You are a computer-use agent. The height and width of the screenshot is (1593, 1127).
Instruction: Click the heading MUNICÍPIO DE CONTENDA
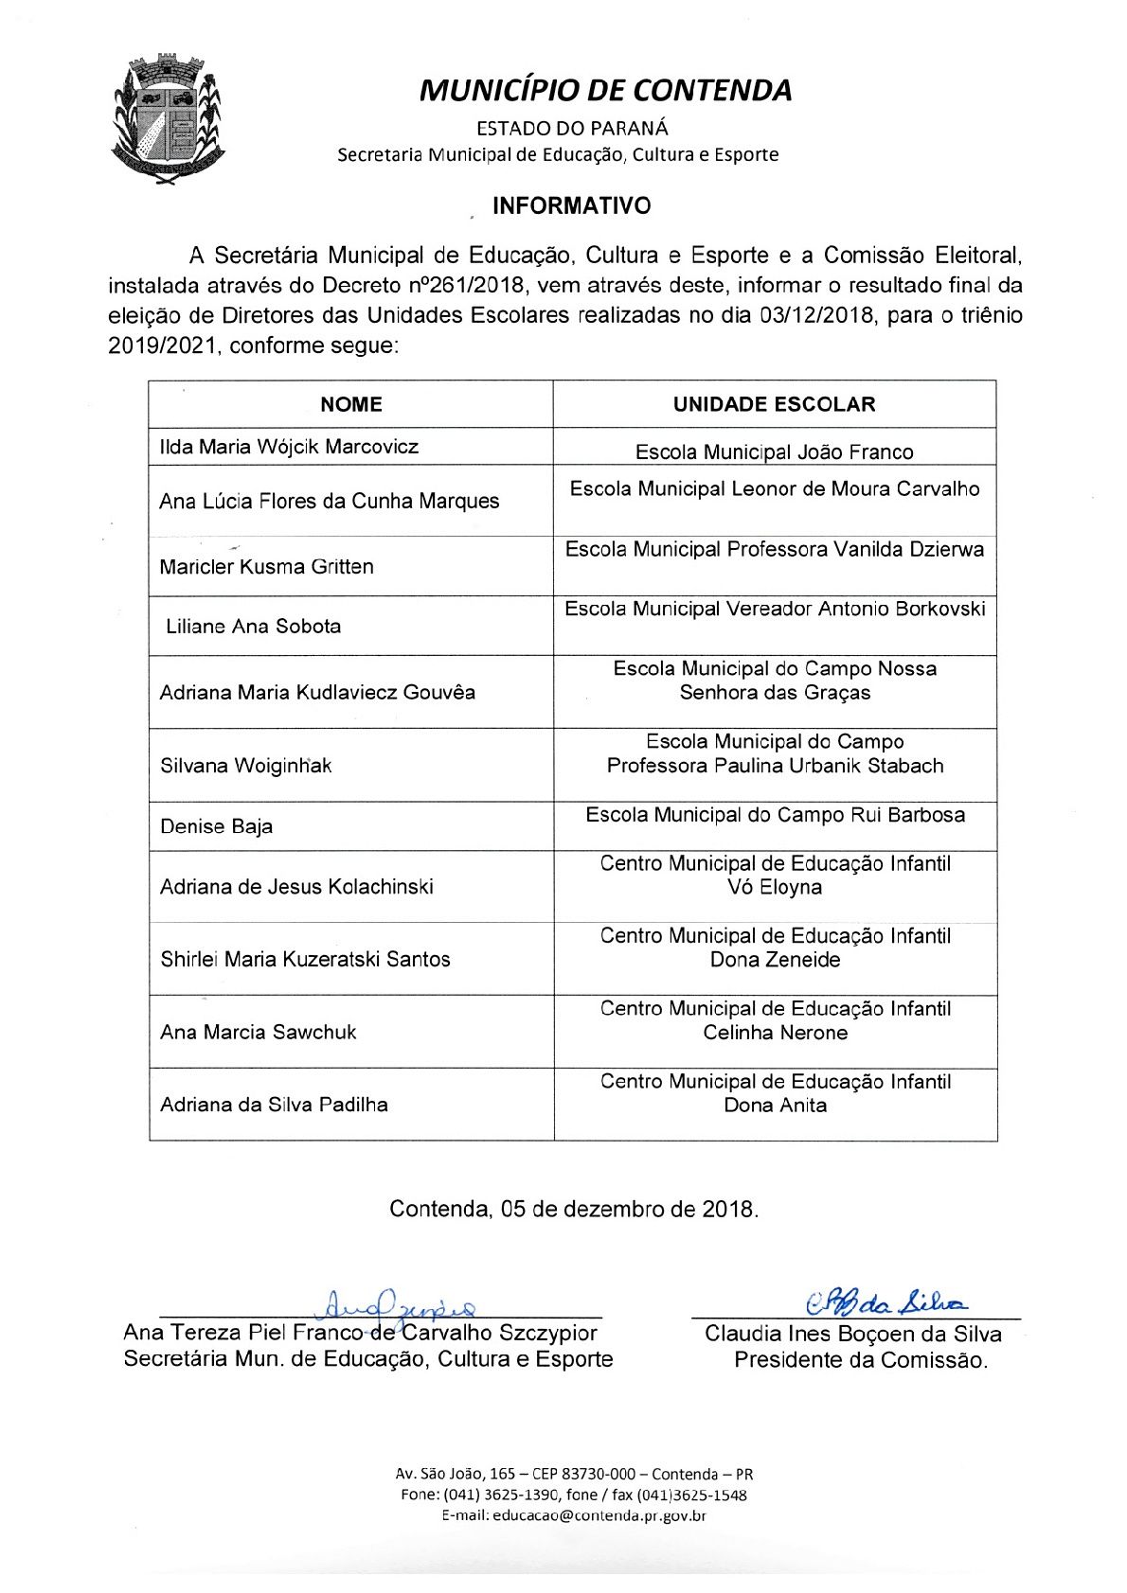(x=605, y=90)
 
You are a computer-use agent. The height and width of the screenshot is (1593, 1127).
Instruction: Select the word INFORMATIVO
(x=571, y=206)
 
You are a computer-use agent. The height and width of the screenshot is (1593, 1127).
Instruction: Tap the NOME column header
(x=350, y=404)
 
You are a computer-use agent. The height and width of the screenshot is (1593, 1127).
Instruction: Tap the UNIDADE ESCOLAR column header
(x=774, y=404)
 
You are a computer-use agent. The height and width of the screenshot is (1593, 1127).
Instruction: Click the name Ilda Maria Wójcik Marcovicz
(x=289, y=447)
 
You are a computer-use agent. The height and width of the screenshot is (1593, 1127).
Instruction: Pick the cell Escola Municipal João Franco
(x=774, y=452)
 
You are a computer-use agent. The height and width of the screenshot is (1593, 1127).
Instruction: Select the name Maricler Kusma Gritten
(x=266, y=567)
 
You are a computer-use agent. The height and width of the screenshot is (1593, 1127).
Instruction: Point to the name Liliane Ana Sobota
(x=253, y=627)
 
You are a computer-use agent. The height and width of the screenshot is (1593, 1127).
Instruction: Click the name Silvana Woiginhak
(x=245, y=766)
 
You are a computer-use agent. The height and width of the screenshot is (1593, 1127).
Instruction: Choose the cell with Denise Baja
(x=216, y=826)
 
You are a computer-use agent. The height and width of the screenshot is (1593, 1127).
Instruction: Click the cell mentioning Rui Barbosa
(x=775, y=815)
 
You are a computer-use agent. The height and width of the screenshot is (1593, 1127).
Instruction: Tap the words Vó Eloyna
(x=775, y=888)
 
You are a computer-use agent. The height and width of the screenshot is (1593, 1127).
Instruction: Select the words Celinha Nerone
(x=775, y=1033)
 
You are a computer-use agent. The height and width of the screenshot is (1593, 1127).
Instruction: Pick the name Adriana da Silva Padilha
(x=274, y=1105)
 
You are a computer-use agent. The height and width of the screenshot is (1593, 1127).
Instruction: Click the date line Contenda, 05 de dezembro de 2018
(x=574, y=1209)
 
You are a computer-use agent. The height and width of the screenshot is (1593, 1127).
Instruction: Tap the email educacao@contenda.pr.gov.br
(x=574, y=1515)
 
